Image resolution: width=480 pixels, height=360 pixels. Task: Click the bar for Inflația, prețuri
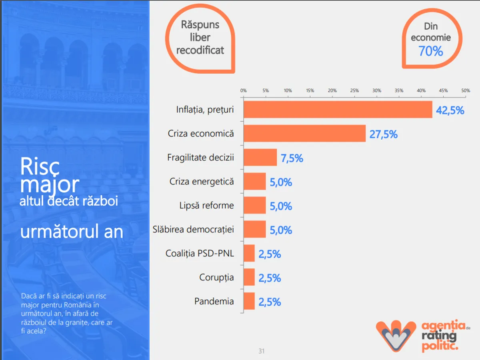[338, 110]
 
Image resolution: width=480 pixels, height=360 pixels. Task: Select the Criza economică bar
[304, 134]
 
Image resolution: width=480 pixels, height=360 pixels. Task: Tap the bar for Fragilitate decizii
[260, 158]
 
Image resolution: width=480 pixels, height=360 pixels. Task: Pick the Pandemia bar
[249, 301]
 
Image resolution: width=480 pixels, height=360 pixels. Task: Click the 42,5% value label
[450, 110]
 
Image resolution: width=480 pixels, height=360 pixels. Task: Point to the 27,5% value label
[383, 134]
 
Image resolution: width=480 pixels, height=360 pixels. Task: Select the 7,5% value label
[292, 158]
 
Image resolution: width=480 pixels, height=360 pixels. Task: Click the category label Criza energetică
[202, 182]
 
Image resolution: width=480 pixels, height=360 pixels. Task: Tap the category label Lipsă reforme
[206, 206]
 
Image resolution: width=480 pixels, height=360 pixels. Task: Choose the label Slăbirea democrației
[193, 230]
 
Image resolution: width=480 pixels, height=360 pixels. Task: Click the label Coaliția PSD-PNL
[200, 254]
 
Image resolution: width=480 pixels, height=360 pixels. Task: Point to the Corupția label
[216, 278]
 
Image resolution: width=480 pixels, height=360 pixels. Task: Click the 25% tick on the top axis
[354, 91]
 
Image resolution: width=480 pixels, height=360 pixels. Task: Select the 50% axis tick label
[465, 91]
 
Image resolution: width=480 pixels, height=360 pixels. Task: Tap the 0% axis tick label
[243, 91]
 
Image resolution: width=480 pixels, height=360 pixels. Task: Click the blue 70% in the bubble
[431, 51]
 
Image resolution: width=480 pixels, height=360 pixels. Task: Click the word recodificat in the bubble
[200, 50]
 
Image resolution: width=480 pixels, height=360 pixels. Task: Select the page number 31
[262, 351]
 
